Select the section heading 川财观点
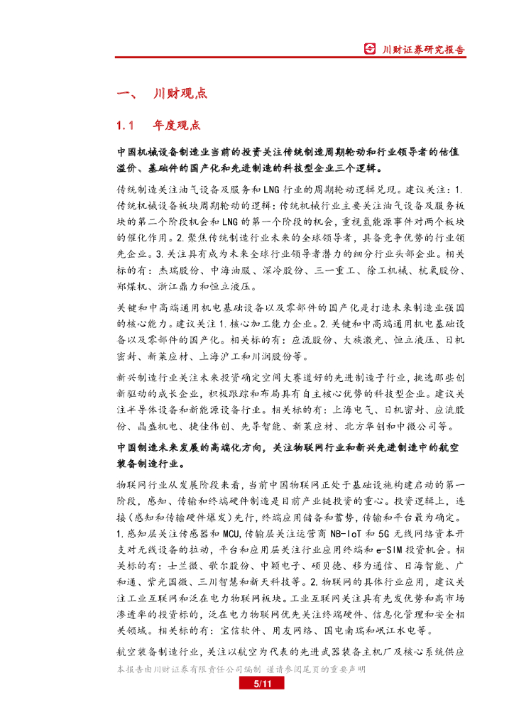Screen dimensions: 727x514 click(x=180, y=94)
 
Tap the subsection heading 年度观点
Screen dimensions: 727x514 click(x=177, y=126)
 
